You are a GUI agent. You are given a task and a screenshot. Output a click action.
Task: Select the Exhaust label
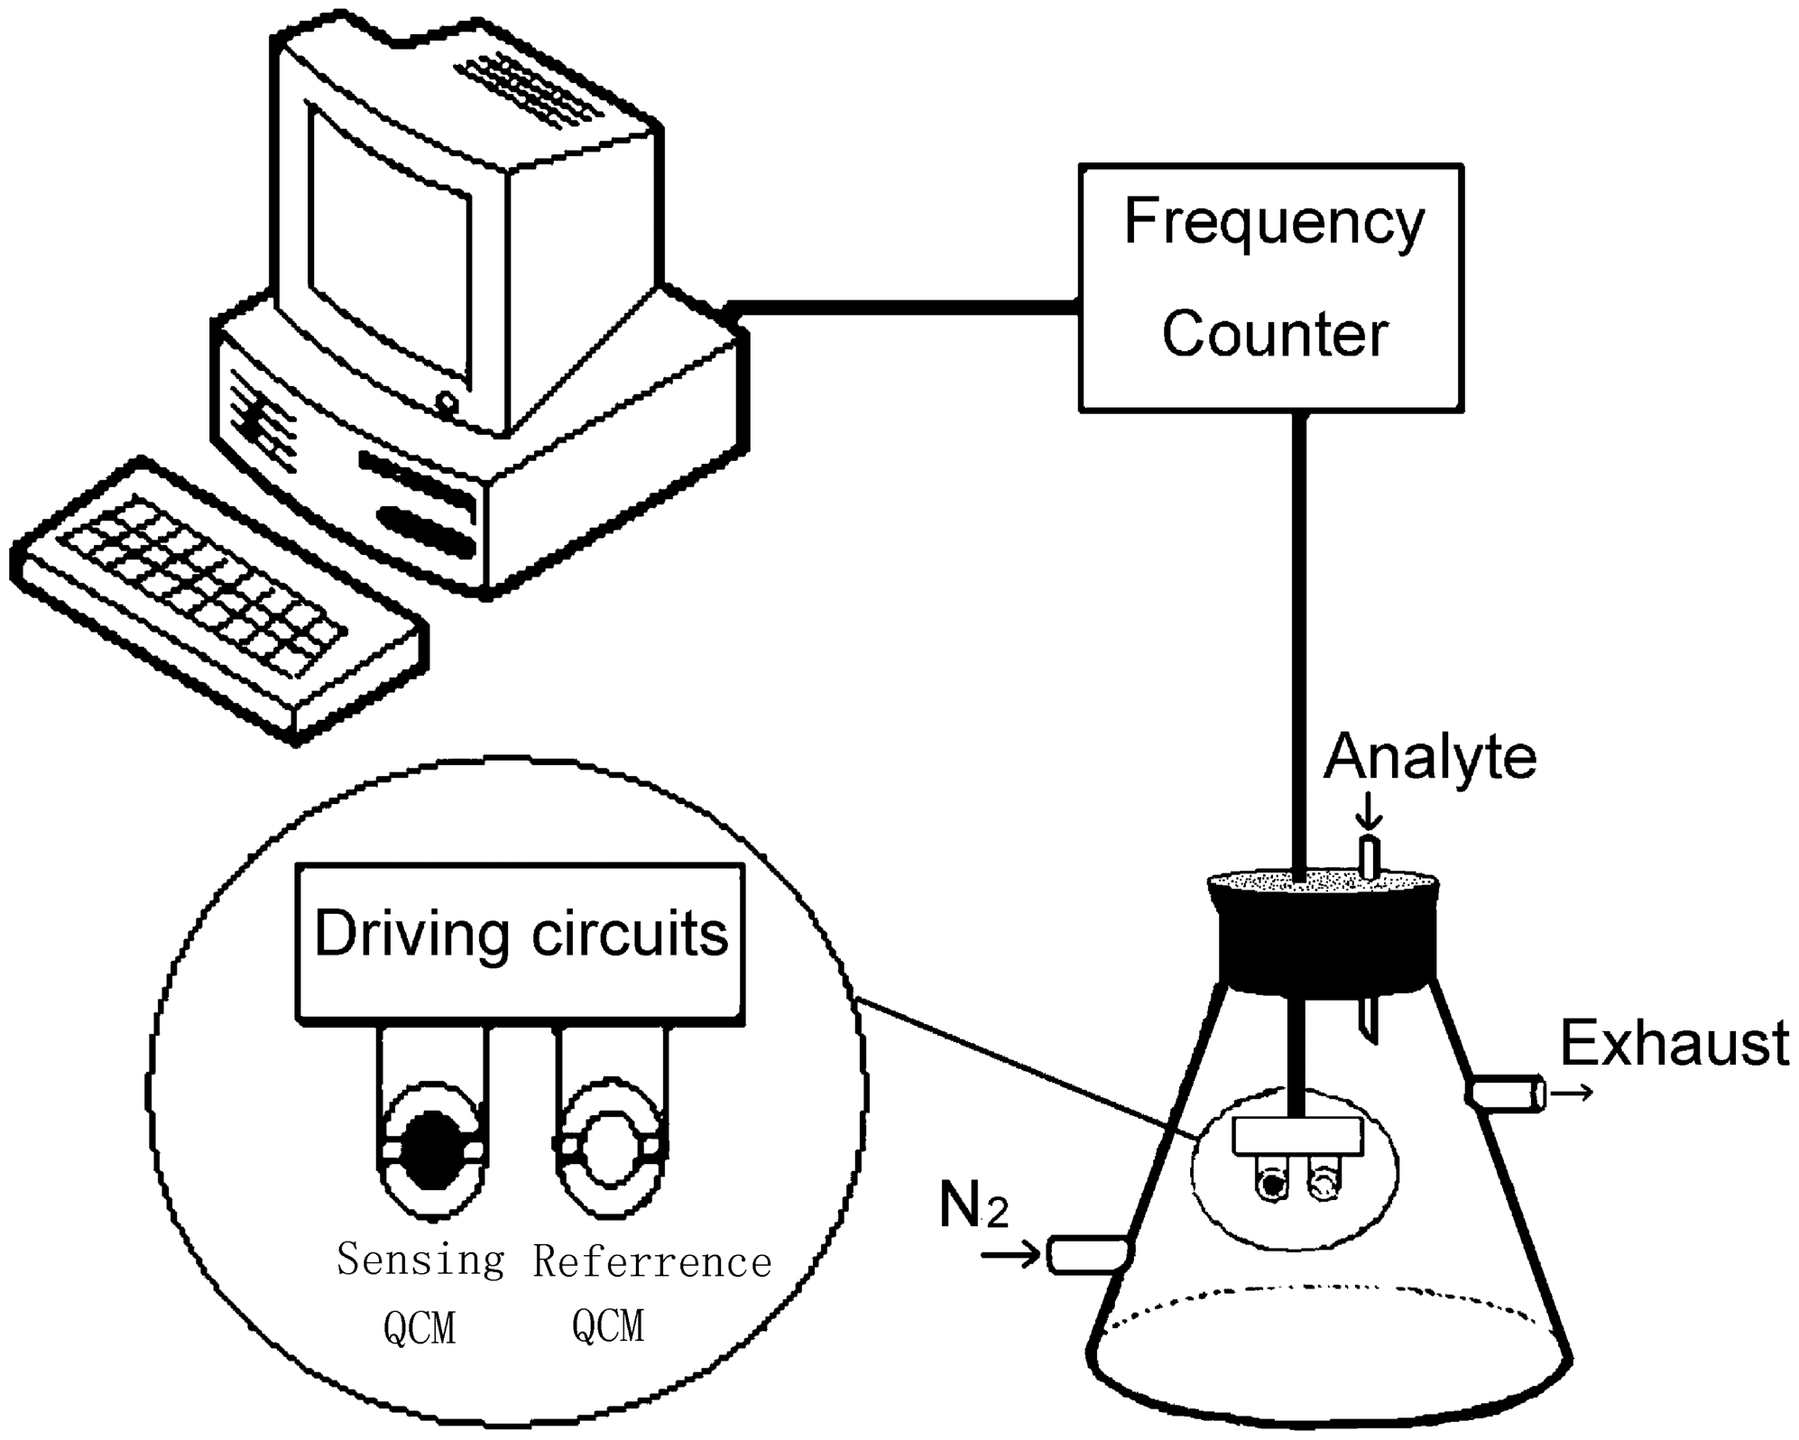[x=1674, y=1044]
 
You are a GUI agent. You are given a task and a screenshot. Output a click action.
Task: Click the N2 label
[x=973, y=1205]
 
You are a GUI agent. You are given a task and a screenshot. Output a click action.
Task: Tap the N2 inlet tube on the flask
[x=1087, y=1255]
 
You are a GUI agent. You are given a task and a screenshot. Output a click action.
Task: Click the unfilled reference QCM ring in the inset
[x=612, y=1147]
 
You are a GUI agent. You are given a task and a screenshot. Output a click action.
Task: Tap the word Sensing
[x=420, y=1260]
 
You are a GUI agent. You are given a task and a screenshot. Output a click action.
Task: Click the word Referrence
[x=651, y=1261]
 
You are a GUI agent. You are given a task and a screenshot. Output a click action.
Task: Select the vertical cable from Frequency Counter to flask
[x=1299, y=632]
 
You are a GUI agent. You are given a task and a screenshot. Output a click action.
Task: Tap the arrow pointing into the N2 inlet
[x=1010, y=1255]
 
